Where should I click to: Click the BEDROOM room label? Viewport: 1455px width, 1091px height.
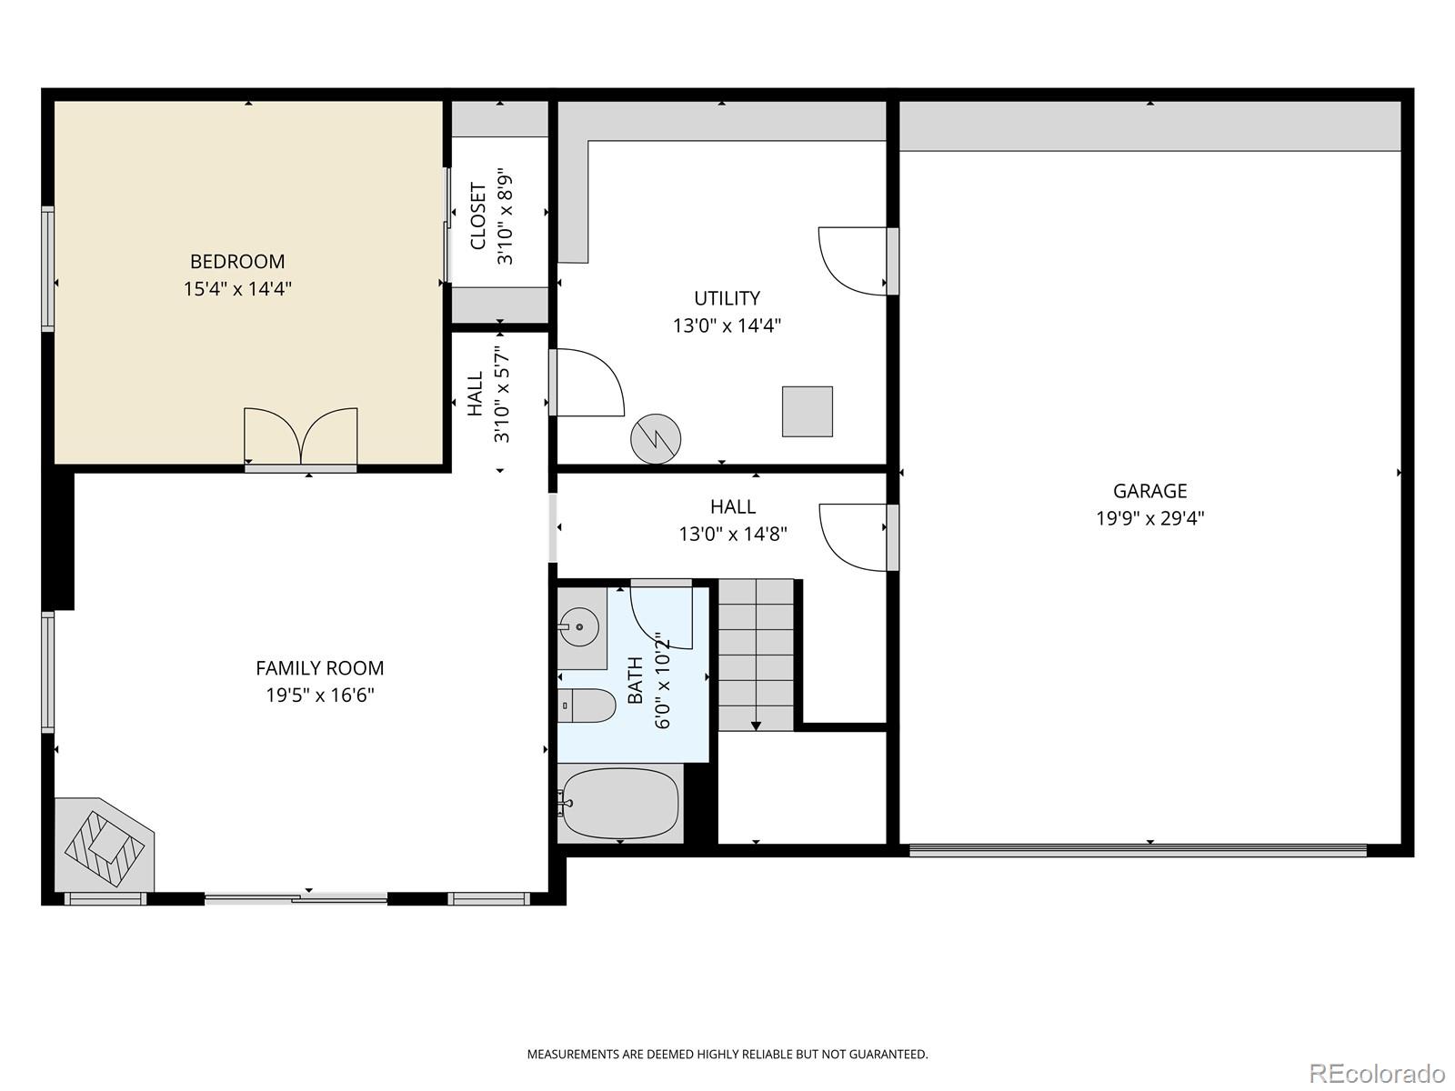pyautogui.click(x=237, y=262)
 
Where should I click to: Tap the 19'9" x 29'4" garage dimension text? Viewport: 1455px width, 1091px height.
pyautogui.click(x=1149, y=519)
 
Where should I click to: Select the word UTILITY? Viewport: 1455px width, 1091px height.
pyautogui.click(x=727, y=298)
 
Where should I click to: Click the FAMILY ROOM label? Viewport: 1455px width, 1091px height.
pyautogui.click(x=319, y=668)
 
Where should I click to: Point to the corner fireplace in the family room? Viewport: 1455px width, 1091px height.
pyautogui.click(x=103, y=846)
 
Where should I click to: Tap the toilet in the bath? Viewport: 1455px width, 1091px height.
pyautogui.click(x=587, y=706)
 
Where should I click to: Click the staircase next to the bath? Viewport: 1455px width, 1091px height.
pyautogui.click(x=756, y=655)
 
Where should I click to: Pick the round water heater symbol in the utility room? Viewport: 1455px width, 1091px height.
pyautogui.click(x=656, y=439)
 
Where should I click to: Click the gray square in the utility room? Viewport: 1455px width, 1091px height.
pyautogui.click(x=807, y=411)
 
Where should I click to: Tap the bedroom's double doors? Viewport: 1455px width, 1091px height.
pyautogui.click(x=301, y=438)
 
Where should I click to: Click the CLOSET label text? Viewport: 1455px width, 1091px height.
pyautogui.click(x=478, y=216)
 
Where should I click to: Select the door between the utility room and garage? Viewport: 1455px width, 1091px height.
pyautogui.click(x=853, y=261)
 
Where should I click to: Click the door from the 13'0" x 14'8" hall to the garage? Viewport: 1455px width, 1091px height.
pyautogui.click(x=854, y=537)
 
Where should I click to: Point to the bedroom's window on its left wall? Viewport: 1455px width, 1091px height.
pyautogui.click(x=47, y=267)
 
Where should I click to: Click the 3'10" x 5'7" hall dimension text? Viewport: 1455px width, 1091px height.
pyautogui.click(x=501, y=394)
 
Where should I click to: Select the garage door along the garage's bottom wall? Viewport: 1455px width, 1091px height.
pyautogui.click(x=1137, y=851)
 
